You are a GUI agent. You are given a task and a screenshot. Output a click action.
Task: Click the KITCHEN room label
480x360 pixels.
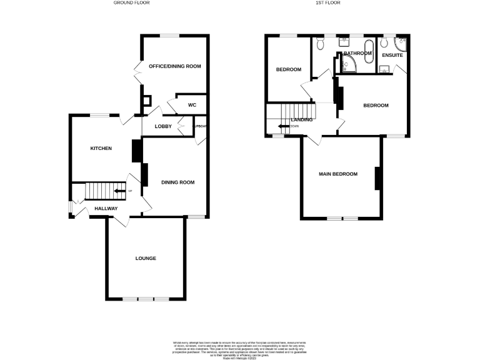click(x=101, y=148)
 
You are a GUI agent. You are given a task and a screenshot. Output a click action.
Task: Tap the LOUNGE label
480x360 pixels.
click(x=146, y=258)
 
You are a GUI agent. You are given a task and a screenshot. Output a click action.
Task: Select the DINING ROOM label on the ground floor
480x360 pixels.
click(x=178, y=182)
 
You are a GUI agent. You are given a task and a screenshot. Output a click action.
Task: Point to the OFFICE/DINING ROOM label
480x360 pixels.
click(x=174, y=66)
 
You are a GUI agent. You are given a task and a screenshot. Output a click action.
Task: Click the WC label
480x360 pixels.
click(x=192, y=105)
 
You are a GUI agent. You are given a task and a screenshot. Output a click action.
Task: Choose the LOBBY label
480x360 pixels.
click(x=163, y=126)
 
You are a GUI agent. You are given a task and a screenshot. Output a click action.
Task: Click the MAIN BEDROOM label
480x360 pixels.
click(x=338, y=174)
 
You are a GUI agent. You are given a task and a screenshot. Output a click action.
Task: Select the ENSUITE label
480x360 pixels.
click(x=392, y=56)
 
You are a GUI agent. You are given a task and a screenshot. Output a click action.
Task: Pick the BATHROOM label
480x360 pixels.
click(x=357, y=54)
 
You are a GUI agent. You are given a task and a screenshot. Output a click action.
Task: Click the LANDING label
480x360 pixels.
click(x=302, y=119)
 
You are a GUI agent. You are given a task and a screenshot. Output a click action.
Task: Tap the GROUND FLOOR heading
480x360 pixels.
click(x=131, y=3)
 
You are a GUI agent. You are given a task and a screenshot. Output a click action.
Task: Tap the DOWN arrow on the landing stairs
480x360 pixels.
click(x=284, y=126)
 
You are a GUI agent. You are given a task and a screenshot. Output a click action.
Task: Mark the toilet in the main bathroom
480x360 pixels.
click(x=319, y=44)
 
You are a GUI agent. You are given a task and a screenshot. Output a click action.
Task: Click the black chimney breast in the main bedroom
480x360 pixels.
click(x=377, y=179)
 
